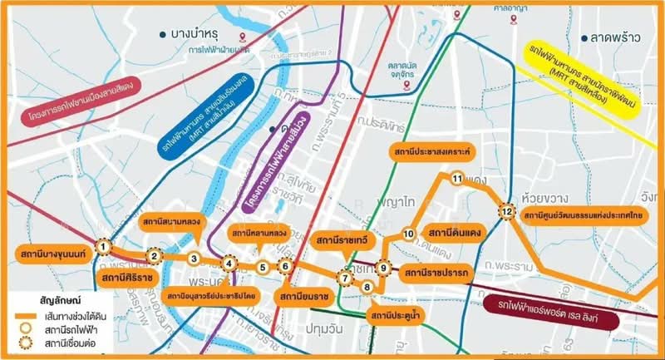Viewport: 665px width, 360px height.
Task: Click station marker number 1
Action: (103, 246)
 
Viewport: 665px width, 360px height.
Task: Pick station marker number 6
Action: (285, 266)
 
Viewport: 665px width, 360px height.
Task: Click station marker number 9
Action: (383, 268)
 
